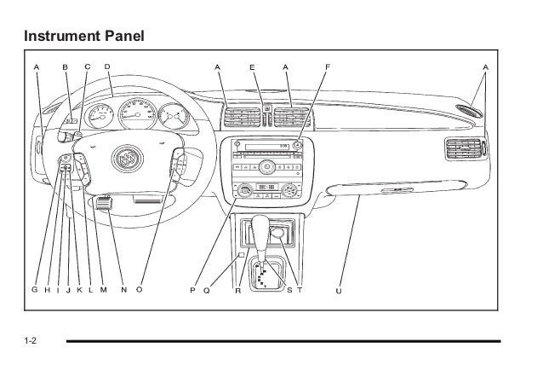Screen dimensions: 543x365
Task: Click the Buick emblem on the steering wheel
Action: (127, 158)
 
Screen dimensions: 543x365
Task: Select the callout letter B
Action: (66, 66)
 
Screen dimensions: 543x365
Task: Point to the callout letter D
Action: (107, 66)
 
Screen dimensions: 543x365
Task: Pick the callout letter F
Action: (328, 66)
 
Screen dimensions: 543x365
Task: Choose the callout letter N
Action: (123, 290)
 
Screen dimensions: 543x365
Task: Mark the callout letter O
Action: (140, 290)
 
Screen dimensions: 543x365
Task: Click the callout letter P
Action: (193, 290)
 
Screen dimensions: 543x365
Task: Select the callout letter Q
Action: (207, 290)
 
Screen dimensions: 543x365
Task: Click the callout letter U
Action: (339, 290)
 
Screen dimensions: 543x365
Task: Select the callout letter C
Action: (88, 66)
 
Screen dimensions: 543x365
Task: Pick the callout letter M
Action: (103, 290)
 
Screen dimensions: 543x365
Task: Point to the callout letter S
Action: (289, 290)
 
